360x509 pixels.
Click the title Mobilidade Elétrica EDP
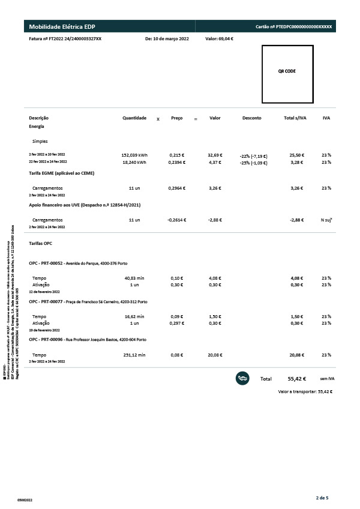(x=62, y=27)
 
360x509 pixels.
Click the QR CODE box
(x=287, y=74)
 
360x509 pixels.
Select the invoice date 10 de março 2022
(x=167, y=38)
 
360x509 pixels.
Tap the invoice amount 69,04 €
(x=219, y=38)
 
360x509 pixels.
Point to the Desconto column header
(x=252, y=118)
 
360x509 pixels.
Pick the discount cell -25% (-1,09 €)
(x=253, y=163)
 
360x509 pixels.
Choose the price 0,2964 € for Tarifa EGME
(x=176, y=188)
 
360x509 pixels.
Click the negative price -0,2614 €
(x=176, y=220)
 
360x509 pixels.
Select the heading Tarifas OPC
(x=40, y=244)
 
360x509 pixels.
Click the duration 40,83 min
(x=134, y=278)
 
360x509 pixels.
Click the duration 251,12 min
(x=134, y=355)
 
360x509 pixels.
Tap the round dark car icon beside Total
(x=243, y=378)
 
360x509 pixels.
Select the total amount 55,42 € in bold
(x=297, y=379)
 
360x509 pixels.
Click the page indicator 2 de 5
(x=322, y=497)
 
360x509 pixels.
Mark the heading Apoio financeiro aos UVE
(x=85, y=205)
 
